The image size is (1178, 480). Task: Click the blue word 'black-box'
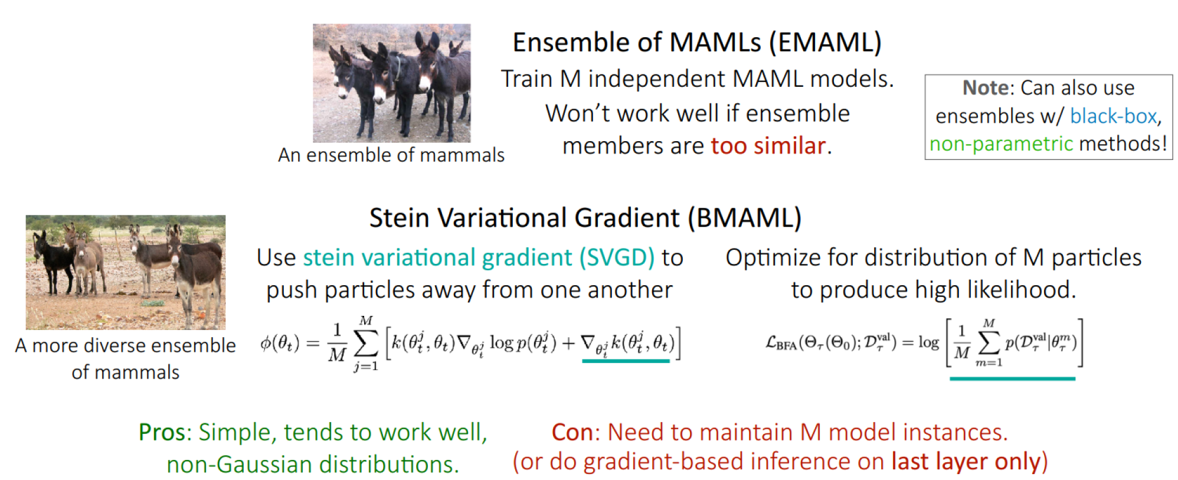[x=1113, y=116]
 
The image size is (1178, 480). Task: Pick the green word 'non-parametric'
[x=1001, y=143]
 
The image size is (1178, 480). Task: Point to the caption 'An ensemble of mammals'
[x=391, y=155]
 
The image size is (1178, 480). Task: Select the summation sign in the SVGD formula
[x=366, y=343]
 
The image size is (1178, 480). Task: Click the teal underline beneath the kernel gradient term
[x=626, y=361]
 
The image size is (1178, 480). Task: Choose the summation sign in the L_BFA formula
[x=989, y=343]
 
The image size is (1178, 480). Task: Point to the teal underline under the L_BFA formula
[x=1012, y=378]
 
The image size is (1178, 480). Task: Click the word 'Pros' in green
[x=162, y=432]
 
